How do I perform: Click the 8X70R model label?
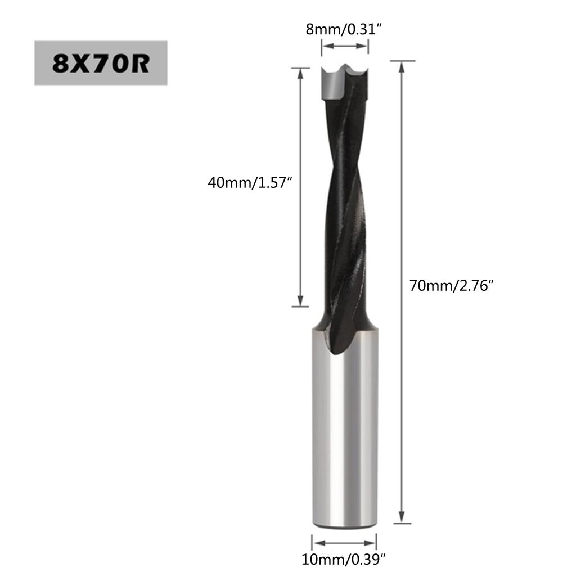[x=101, y=63]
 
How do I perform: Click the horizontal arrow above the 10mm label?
[x=344, y=543]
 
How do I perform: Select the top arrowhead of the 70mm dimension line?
[x=402, y=66]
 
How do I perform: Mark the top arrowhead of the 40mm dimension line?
[x=300, y=73]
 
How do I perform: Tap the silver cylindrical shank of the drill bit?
[x=344, y=439]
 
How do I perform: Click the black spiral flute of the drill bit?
[x=343, y=214]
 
